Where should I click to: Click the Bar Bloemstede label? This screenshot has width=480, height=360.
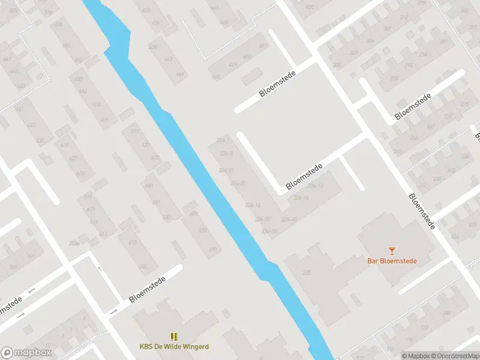click(x=392, y=261)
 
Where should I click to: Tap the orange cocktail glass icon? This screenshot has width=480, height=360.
click(x=392, y=250)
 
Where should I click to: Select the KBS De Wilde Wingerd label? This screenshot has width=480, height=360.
click(x=174, y=346)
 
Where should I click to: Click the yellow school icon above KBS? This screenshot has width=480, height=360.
click(x=174, y=337)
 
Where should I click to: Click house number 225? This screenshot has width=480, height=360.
click(x=308, y=273)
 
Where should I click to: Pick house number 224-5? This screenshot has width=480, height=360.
click(x=226, y=154)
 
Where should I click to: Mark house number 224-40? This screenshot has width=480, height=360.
click(x=289, y=219)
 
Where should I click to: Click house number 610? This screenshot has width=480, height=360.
click(x=132, y=242)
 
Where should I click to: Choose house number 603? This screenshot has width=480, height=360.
click(x=143, y=266)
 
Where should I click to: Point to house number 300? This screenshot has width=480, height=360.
click(x=336, y=65)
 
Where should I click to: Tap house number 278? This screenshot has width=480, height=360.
click(x=394, y=79)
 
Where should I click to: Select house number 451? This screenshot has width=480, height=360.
click(x=263, y=46)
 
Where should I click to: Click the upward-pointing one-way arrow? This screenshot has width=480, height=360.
click(x=100, y=269)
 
